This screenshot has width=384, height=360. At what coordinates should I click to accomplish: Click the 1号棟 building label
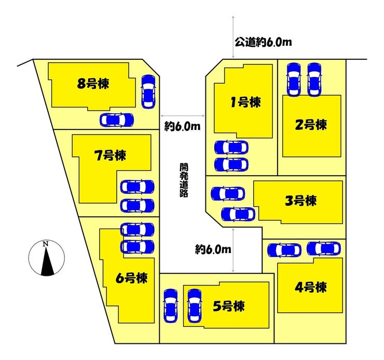(x=245, y=102)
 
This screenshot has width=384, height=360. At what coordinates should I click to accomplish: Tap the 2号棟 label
(x=311, y=125)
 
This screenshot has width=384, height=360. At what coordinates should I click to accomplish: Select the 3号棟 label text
(x=301, y=201)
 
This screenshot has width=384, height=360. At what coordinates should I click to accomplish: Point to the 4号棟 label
(x=310, y=287)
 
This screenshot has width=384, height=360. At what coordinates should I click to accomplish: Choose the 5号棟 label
(x=229, y=306)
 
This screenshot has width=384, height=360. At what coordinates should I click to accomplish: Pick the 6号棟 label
(x=131, y=278)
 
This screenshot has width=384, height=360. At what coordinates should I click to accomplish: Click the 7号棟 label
(x=110, y=155)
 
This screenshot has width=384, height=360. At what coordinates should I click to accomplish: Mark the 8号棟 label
(x=93, y=84)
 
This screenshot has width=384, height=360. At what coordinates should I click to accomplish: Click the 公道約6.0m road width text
(x=263, y=43)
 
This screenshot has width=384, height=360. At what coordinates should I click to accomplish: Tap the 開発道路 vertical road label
(x=184, y=180)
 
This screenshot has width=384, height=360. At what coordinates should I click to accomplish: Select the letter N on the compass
(x=45, y=244)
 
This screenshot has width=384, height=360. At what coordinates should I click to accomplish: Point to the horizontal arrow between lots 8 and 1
(x=183, y=116)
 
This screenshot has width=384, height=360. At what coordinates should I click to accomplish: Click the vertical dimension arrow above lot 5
(x=233, y=250)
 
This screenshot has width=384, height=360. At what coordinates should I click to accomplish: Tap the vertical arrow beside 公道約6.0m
(x=233, y=37)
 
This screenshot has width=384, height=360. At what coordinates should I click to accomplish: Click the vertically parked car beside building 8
(x=148, y=91)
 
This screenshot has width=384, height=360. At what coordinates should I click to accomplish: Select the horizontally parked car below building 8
(x=117, y=120)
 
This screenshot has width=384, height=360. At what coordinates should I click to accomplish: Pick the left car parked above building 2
(x=294, y=79)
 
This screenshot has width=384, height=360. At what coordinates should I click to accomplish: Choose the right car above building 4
(x=324, y=248)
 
